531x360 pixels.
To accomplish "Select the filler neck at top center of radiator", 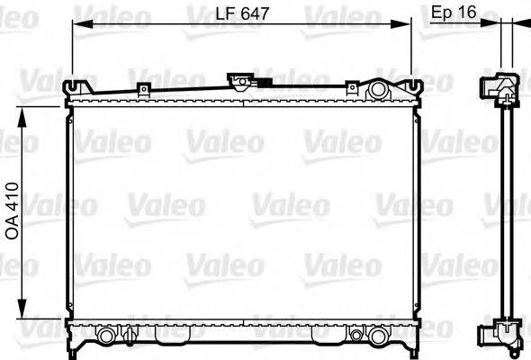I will point(241,82).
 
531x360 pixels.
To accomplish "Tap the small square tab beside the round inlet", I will point(352,88).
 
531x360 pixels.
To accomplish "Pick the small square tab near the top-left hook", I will point(142,88).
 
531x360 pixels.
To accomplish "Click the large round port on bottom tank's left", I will point(106,335).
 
